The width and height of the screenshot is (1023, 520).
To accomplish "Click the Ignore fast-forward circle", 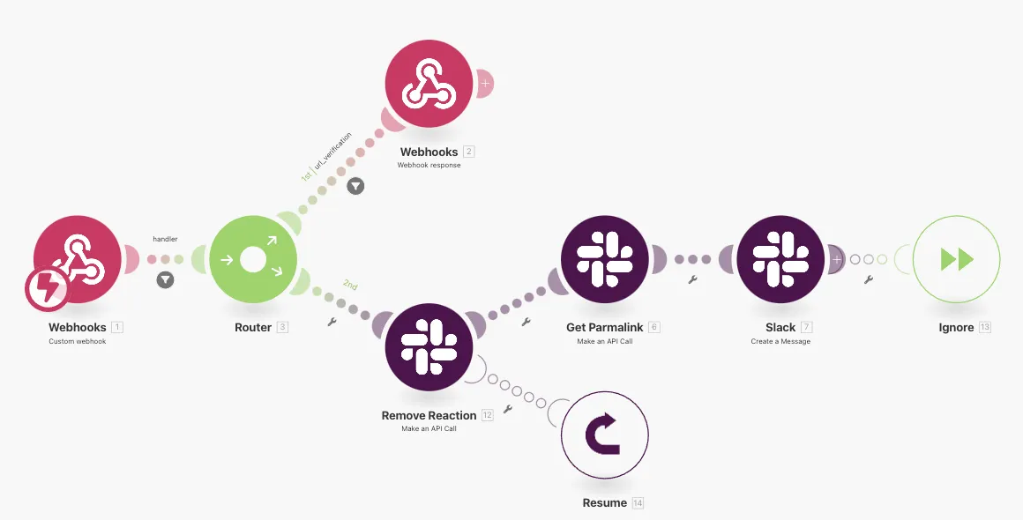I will (957, 259).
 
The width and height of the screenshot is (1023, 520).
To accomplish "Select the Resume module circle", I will (604, 435).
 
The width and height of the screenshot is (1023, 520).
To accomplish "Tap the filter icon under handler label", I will (165, 280).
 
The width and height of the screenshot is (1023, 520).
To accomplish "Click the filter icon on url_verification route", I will (355, 186).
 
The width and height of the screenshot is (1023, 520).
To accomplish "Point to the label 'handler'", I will (165, 239).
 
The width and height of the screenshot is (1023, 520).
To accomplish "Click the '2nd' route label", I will (350, 286).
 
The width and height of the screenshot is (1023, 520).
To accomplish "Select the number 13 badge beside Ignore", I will (985, 327).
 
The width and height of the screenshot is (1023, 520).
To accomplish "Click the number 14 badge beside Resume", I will (638, 503).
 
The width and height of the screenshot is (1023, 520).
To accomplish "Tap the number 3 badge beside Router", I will (282, 327).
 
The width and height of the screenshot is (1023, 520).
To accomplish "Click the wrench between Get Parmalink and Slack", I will (692, 279).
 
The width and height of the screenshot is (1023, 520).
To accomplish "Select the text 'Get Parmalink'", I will (604, 327).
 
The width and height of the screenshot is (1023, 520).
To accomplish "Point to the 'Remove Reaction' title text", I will (429, 415).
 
